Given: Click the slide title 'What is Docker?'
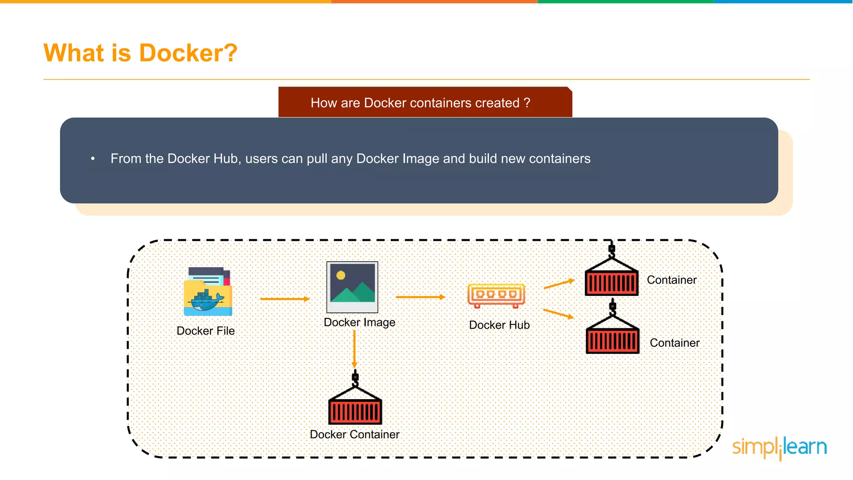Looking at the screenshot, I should pyautogui.click(x=140, y=53).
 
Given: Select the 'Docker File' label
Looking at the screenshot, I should pyautogui.click(x=206, y=331).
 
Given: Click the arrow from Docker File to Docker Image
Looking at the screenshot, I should pyautogui.click(x=284, y=299).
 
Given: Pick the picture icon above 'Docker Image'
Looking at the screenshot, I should pyautogui.click(x=352, y=287).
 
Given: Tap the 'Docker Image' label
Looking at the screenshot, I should pyautogui.click(x=359, y=322).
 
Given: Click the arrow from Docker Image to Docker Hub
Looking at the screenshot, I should pyautogui.click(x=420, y=297).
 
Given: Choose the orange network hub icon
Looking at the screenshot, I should pyautogui.click(x=496, y=295).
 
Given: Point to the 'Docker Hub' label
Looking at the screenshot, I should pyautogui.click(x=499, y=325).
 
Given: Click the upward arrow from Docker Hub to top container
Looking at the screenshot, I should pyautogui.click(x=559, y=284).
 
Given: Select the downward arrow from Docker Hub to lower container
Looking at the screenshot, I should pyautogui.click(x=559, y=313).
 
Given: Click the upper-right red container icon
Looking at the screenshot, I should pyautogui.click(x=611, y=277).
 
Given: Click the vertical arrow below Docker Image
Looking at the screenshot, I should pyautogui.click(x=354, y=349).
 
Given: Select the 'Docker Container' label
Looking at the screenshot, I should pyautogui.click(x=354, y=435).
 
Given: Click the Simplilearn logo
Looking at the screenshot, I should pyautogui.click(x=779, y=447).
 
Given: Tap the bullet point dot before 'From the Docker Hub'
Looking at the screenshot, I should pyautogui.click(x=93, y=159).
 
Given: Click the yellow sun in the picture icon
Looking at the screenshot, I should pyautogui.click(x=341, y=275).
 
